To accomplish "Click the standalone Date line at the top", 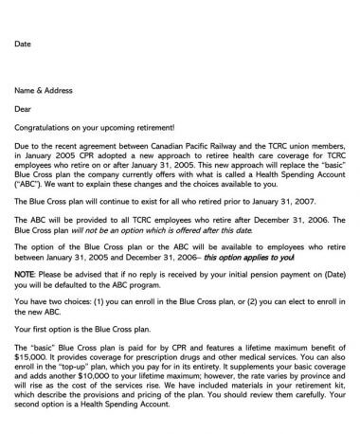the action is (x=24, y=44).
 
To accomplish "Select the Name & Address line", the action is (x=44, y=90).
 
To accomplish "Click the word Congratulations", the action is (x=48, y=127).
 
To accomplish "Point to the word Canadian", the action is (x=170, y=146).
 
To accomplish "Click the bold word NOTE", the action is (x=26, y=275).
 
